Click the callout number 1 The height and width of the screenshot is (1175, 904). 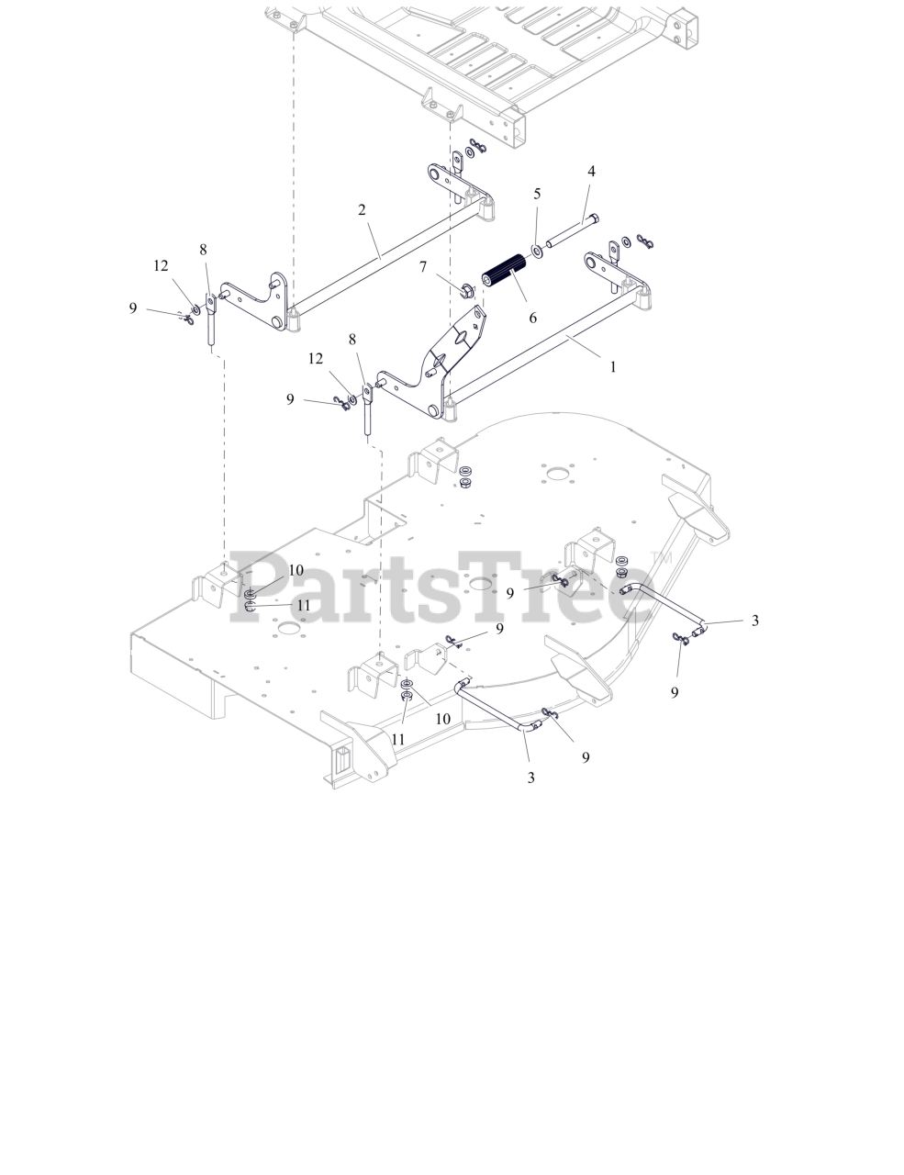click(613, 365)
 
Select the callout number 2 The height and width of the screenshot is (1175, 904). click(363, 210)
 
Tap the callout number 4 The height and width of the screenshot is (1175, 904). click(591, 172)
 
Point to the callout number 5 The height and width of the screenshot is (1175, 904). click(537, 194)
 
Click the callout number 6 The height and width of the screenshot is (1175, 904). click(532, 318)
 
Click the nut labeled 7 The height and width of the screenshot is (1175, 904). click(465, 292)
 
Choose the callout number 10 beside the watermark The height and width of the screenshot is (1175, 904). click(296, 571)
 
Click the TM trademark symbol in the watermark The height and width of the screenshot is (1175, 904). click(662, 558)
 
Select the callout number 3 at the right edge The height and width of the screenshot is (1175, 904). click(755, 621)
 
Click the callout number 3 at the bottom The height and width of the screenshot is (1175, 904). click(531, 778)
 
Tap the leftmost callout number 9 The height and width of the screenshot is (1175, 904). click(133, 308)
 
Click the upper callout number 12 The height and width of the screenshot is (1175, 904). click(162, 265)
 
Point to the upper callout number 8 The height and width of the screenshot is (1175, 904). click(203, 249)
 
